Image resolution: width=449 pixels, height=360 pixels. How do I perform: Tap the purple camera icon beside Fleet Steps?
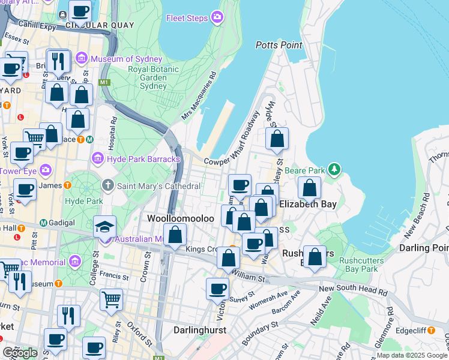pyautogui.click(x=217, y=17)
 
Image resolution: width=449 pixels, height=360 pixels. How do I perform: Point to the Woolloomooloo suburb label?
pyautogui.click(x=181, y=219)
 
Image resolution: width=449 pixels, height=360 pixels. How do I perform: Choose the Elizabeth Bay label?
pyautogui.click(x=307, y=204)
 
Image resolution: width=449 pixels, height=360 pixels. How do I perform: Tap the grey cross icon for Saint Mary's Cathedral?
pyautogui.click(x=108, y=186)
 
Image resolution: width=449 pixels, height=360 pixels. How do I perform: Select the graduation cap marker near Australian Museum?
pyautogui.click(x=104, y=228)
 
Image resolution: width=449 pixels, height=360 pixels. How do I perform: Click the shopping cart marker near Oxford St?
pyautogui.click(x=112, y=299)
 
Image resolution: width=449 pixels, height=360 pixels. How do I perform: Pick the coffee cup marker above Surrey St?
pyautogui.click(x=217, y=289)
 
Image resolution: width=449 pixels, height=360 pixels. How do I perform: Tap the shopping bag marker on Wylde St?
pyautogui.click(x=277, y=139)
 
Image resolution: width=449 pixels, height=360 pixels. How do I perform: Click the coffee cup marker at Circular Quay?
pyautogui.click(x=80, y=10)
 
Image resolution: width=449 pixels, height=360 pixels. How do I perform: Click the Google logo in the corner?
pyautogui.click(x=20, y=353)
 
